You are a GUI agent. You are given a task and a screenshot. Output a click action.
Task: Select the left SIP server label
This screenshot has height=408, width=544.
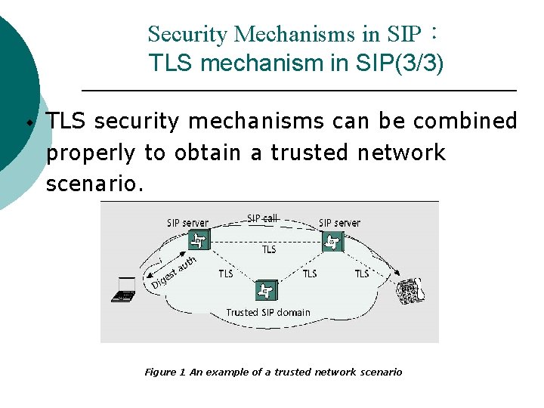[188, 223]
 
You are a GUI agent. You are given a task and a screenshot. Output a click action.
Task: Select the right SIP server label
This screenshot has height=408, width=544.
[339, 223]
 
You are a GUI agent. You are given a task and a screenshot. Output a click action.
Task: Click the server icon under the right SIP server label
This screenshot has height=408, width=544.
[332, 242]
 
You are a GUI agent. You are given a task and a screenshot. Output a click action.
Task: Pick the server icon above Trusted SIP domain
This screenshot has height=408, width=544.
[264, 290]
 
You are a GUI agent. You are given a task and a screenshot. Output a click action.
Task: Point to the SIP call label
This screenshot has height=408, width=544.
[263, 218]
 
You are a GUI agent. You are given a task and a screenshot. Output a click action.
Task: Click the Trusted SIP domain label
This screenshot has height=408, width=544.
[268, 312]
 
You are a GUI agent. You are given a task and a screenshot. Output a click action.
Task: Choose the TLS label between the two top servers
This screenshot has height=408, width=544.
[269, 249]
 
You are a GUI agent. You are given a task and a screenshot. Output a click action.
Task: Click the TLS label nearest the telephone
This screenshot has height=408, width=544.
[362, 274]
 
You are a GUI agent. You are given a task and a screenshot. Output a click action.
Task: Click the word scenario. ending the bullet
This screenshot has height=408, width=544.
[94, 184]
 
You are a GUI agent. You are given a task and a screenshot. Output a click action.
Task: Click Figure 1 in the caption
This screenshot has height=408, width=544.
[165, 372]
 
